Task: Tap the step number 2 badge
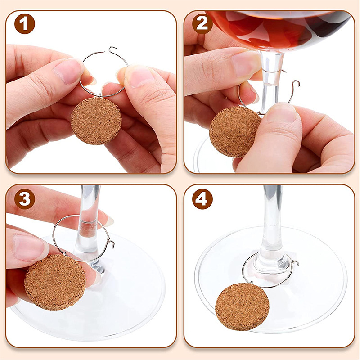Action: [x=203, y=24]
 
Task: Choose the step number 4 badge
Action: [x=203, y=199]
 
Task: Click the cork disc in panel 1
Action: [x=96, y=121]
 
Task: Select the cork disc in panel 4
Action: [x=242, y=306]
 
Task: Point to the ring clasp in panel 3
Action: [x=110, y=243]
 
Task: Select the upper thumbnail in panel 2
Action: [x=246, y=63]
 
